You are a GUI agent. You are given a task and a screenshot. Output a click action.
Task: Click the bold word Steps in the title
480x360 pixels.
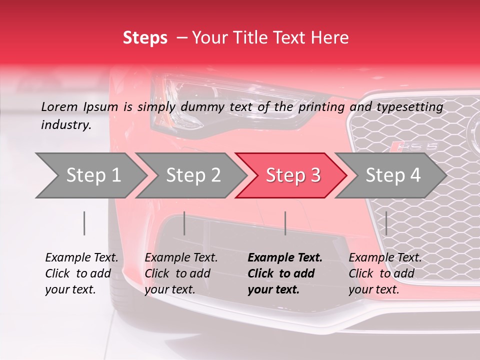click(x=145, y=38)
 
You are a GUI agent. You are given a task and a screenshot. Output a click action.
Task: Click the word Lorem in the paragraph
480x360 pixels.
click(x=59, y=106)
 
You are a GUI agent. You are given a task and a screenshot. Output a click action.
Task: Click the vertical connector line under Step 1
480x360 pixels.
click(x=84, y=223)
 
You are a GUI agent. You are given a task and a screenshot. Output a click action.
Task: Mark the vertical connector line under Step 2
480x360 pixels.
click(x=184, y=223)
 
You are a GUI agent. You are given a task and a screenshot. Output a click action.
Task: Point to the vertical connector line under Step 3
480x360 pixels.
click(x=285, y=223)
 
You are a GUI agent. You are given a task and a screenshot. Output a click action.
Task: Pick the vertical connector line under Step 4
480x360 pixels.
click(x=386, y=223)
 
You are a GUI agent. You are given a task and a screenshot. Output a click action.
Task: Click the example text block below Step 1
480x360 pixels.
click(x=81, y=273)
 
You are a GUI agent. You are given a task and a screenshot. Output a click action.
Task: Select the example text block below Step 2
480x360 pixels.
click(x=181, y=273)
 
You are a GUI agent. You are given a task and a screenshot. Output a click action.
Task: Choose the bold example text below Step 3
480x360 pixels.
click(x=285, y=273)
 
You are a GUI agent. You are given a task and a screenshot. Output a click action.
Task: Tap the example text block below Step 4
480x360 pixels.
click(x=385, y=273)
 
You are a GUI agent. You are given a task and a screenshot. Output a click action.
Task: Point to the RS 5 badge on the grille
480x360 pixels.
click(x=413, y=146)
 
